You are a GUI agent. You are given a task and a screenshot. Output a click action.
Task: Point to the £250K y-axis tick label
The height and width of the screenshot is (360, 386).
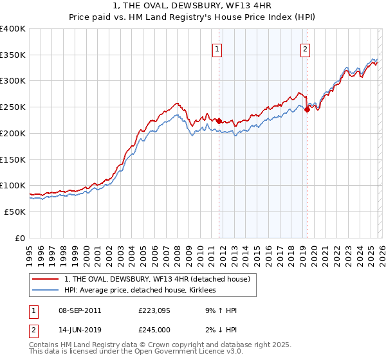13,107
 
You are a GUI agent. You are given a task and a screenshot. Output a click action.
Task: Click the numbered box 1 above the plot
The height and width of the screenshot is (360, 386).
217,49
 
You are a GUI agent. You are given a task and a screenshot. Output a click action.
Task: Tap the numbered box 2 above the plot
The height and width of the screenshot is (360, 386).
305,49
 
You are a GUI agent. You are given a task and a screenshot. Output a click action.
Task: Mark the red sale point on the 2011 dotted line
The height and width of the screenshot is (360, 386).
219,121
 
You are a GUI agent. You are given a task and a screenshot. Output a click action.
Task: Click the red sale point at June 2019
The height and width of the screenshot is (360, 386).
307,109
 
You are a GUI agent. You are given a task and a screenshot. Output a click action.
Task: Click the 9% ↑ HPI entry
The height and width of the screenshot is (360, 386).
220,310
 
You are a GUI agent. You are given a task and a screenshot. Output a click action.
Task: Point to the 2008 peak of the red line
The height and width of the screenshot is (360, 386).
177,102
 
